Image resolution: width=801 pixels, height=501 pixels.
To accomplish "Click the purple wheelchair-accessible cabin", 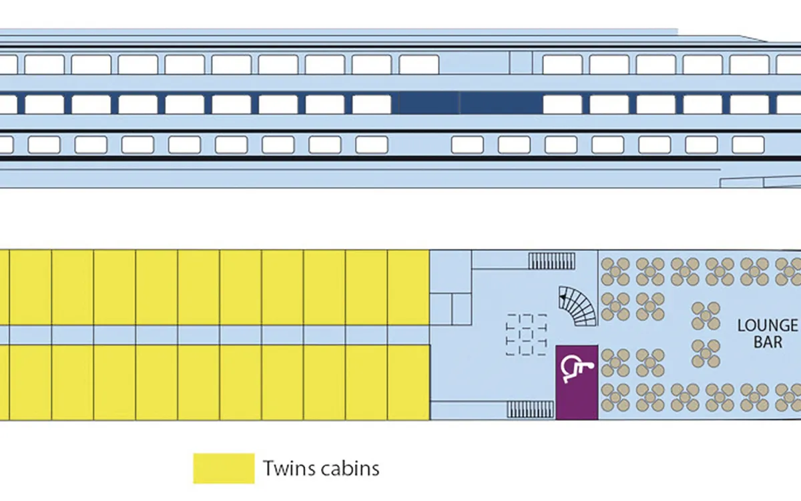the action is point(577,383).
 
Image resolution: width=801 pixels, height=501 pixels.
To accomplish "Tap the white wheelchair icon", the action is point(577,369).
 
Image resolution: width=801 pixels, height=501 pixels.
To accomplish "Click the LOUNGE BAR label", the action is point(768,334).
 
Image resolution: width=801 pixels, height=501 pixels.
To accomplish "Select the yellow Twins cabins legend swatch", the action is point(224,468).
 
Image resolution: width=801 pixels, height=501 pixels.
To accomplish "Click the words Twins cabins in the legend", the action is point(321,468).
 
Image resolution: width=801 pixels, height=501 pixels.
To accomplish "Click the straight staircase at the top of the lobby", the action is point(552,261).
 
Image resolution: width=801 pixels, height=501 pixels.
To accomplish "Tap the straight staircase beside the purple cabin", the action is point(530,409).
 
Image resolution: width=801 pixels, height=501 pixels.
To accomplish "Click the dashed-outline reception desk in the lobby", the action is point(526,335).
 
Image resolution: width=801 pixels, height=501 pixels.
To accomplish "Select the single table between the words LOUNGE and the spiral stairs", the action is point(706,316).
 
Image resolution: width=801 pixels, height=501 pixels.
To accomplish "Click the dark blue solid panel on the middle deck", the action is point(470,103).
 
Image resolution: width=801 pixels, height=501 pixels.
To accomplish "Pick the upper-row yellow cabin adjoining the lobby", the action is point(409,287).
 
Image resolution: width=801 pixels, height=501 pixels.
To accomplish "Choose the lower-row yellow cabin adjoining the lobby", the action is point(409,383).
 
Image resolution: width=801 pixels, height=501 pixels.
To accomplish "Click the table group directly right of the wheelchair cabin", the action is point(615,363).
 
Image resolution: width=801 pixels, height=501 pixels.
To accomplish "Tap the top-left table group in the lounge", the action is point(615,272).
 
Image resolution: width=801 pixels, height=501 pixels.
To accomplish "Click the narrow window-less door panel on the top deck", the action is point(521,63).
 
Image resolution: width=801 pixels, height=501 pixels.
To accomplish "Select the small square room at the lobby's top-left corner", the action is point(451,272).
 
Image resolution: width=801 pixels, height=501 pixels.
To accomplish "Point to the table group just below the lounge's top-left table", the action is point(615,307).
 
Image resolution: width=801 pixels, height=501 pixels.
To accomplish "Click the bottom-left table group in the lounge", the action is point(615,397).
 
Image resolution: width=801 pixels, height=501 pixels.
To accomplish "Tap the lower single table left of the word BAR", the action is point(706,353).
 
